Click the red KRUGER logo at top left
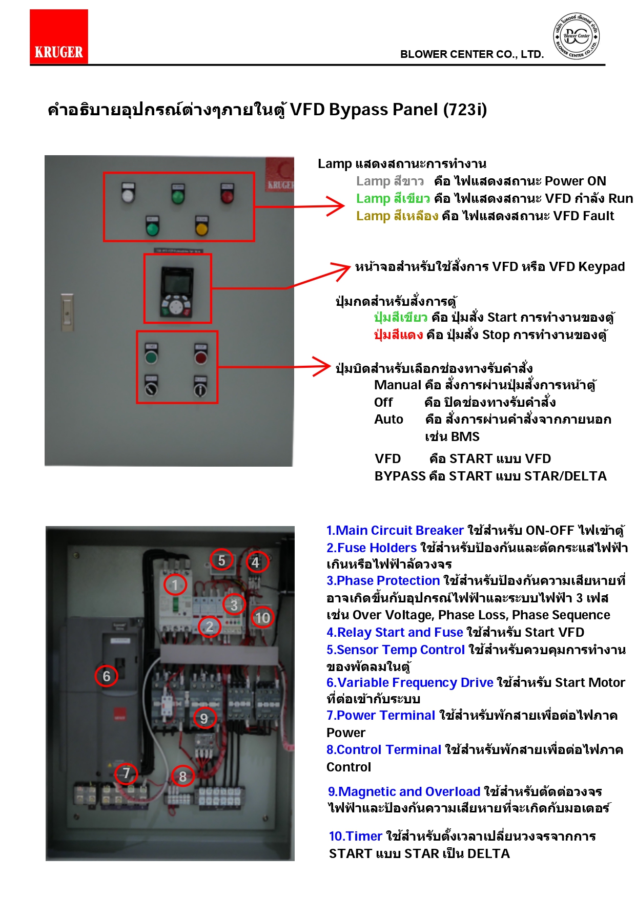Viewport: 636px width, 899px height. pos(58,36)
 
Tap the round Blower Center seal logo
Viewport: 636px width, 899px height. pos(576,36)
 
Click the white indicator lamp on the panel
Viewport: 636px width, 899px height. pos(128,194)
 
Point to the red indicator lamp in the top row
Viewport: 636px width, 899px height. pos(227,194)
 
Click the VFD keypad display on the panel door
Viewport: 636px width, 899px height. pos(177,281)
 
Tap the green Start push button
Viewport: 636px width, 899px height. pos(151,356)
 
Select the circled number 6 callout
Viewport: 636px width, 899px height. pos(106,676)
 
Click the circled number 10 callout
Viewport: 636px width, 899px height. pos(262,618)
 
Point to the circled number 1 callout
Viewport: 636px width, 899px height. pos(175,585)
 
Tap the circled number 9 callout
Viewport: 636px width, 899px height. pos(204,719)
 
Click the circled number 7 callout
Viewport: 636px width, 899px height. pos(126,773)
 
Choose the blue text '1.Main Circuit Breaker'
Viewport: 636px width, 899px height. pos(395,530)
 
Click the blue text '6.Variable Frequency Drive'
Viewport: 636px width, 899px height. pos(409,682)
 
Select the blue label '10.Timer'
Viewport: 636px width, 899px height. pos(355,836)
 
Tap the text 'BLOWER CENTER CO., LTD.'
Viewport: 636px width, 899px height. pos(471,54)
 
